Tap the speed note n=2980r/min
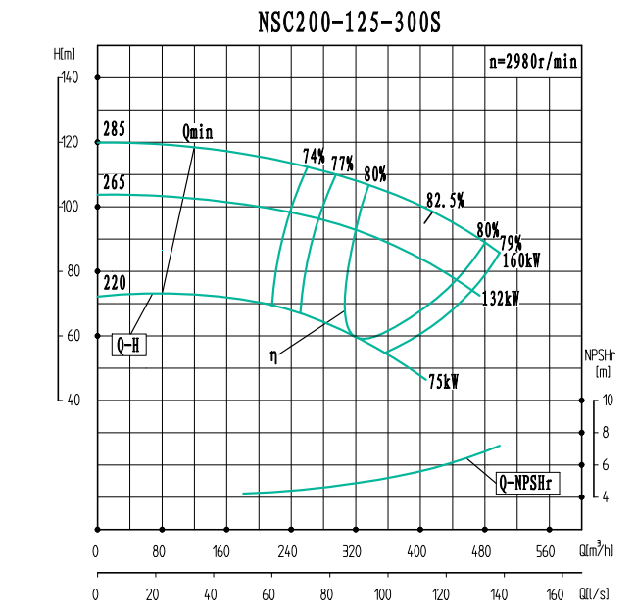[533, 61]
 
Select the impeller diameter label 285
[115, 128]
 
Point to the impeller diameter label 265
[115, 181]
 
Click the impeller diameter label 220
[115, 282]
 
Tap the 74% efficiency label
[314, 156]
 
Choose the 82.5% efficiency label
[445, 201]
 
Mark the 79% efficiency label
[511, 243]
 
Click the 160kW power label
[522, 260]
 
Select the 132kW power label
[500, 299]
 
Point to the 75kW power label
[444, 382]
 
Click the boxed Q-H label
[131, 345]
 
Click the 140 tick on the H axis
[70, 77]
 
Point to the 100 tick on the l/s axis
[386, 594]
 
